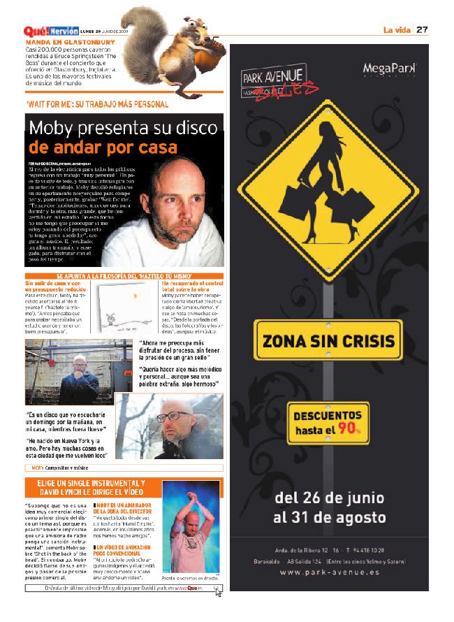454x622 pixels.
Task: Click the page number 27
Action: point(422,29)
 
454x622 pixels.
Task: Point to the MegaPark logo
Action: point(389,68)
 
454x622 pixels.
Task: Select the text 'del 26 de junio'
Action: point(330,498)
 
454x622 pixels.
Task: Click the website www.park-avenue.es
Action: point(330,572)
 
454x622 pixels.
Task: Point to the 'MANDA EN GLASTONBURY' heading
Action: point(70,42)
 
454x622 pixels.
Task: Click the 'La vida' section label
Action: point(396,29)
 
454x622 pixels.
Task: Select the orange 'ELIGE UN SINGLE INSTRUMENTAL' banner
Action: point(85,487)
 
